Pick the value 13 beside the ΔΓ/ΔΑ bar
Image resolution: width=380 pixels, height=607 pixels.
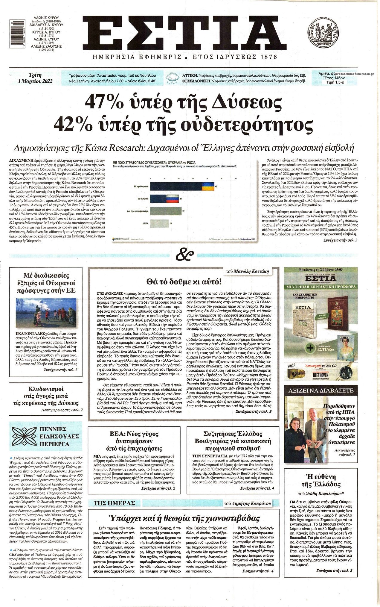[x=170, y=223]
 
